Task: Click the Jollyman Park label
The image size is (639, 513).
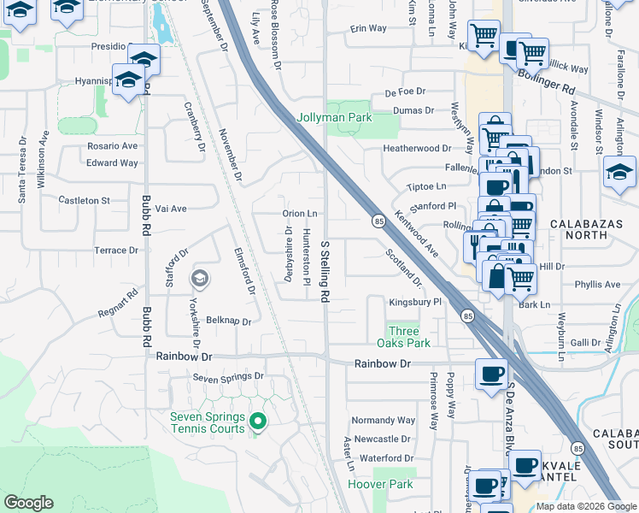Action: click(x=334, y=117)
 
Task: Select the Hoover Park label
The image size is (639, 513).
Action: click(x=380, y=485)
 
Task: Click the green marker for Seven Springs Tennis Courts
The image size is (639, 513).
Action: click(x=257, y=421)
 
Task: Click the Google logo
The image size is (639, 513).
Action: click(x=28, y=503)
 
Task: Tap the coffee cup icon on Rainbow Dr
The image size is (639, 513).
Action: click(x=491, y=374)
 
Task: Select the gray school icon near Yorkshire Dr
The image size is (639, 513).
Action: click(x=200, y=278)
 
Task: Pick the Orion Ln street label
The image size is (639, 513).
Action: click(x=300, y=214)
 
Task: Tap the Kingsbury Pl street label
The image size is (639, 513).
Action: click(x=414, y=302)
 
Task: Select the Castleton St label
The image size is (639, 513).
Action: click(x=84, y=200)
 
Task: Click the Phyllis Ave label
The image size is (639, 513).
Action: click(x=597, y=284)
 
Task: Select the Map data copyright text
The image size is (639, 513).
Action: click(x=586, y=506)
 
